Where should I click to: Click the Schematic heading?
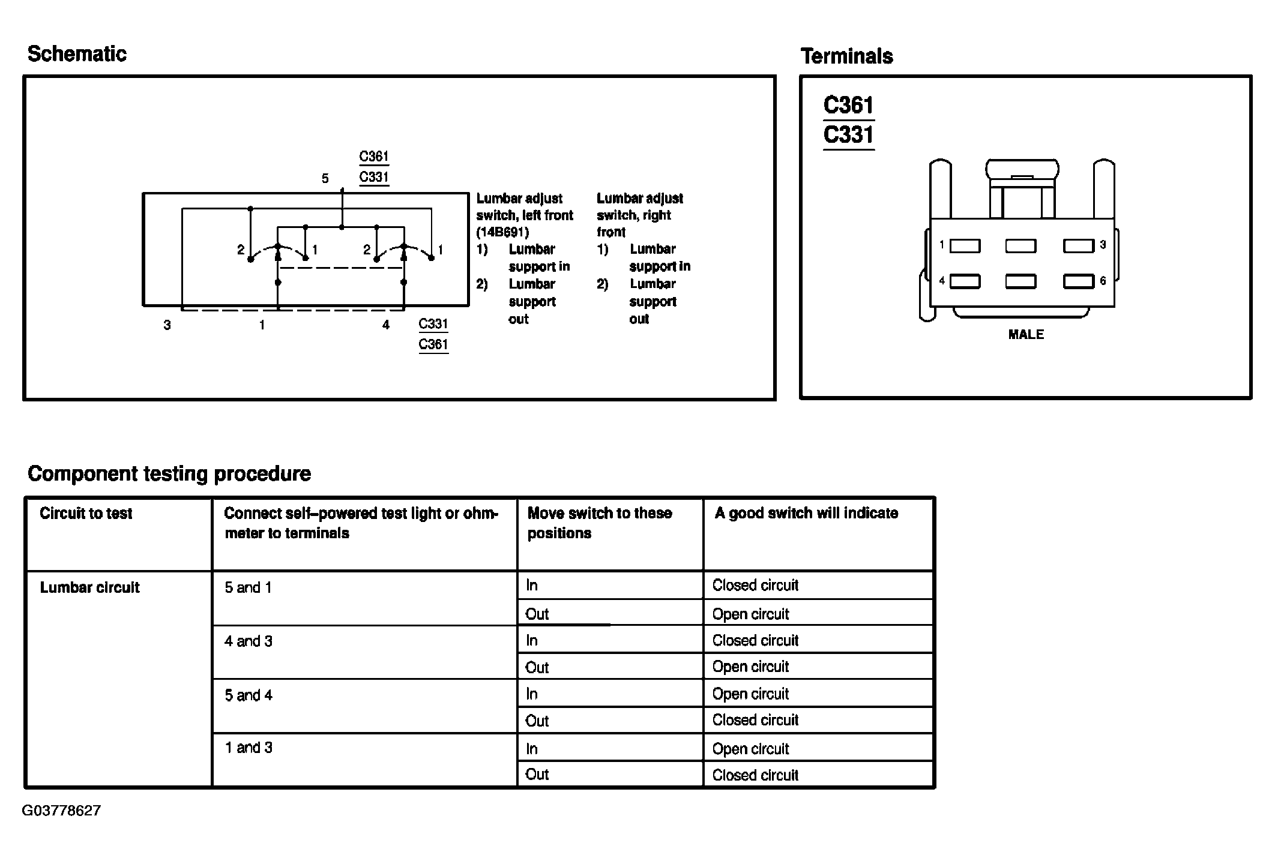77,54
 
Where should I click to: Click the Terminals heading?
846,56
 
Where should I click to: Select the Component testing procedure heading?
169,474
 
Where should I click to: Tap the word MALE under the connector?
1026,335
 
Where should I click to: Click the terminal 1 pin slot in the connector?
965,245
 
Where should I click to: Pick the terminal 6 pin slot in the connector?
1078,281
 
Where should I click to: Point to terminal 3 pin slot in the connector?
1078,245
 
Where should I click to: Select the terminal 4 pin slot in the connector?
965,281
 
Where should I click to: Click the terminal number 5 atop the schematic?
325,179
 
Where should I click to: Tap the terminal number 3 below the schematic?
167,325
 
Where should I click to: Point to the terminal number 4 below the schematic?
386,325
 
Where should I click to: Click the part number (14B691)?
502,232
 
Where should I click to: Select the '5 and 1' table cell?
249,588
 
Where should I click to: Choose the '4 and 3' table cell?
249,641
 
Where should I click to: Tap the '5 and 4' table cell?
249,695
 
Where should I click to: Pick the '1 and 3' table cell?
249,748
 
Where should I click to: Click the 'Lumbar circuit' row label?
89,588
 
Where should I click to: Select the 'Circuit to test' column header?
86,514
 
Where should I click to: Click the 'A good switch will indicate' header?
806,514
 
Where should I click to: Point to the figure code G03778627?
61,811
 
